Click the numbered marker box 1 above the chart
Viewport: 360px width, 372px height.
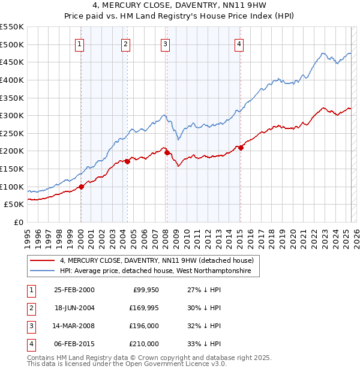coord(80,43)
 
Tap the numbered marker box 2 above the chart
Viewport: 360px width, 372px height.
coord(125,43)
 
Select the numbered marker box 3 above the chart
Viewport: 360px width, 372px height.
coord(165,43)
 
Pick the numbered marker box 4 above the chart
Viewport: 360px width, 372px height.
coord(239,43)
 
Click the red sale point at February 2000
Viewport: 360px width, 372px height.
coord(82,187)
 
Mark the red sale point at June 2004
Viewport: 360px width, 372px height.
coord(127,161)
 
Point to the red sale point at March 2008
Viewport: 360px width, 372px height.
coord(167,152)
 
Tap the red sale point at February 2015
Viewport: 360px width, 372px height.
coord(241,148)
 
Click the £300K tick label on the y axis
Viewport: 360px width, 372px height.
coord(12,115)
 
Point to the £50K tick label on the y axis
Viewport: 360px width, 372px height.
coord(14,205)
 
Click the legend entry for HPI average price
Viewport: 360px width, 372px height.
coord(159,271)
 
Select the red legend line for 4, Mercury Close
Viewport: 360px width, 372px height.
coord(43,260)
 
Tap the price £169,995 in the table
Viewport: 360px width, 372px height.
coord(142,308)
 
